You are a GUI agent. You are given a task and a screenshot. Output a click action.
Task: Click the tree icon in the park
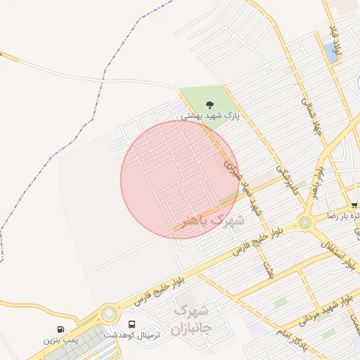(x=209, y=105)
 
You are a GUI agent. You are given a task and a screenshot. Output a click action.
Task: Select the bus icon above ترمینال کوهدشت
(x=132, y=324)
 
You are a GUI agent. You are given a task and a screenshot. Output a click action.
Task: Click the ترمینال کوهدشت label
(x=132, y=335)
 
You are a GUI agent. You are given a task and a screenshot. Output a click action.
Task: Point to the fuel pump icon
(x=60, y=329)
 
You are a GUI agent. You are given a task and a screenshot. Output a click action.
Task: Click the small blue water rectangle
(x=330, y=51)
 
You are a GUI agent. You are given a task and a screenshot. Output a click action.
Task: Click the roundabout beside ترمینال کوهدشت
(x=109, y=314)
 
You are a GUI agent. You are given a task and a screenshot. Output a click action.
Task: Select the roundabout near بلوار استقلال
(x=304, y=223)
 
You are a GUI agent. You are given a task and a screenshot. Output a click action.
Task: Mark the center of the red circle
(x=179, y=179)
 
